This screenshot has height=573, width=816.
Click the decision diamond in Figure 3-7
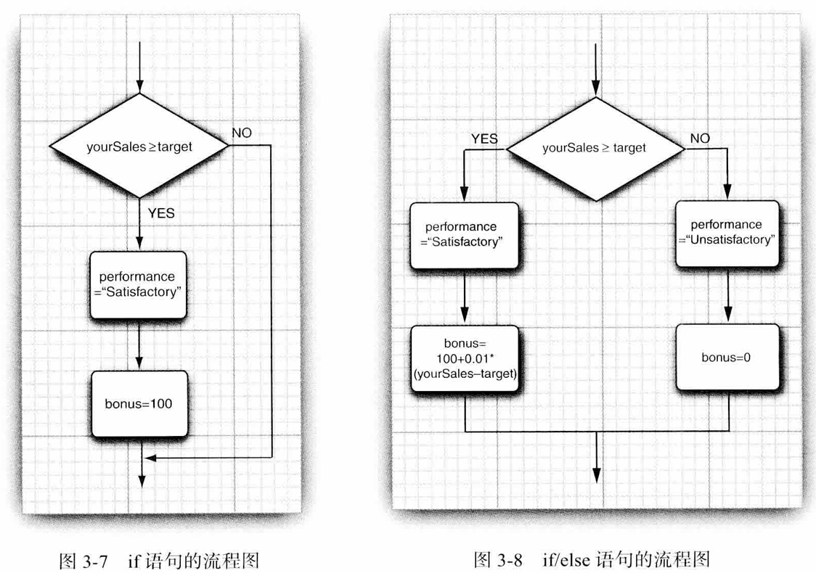[139, 146]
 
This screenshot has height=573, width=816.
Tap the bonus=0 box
[727, 358]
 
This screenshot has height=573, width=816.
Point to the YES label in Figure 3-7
[161, 213]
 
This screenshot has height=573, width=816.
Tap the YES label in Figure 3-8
[484, 139]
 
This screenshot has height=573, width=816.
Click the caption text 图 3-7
[85, 560]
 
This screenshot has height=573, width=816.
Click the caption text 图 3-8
[500, 558]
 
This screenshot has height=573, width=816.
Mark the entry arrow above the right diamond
[595, 69]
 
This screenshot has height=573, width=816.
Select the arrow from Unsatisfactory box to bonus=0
[727, 293]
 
